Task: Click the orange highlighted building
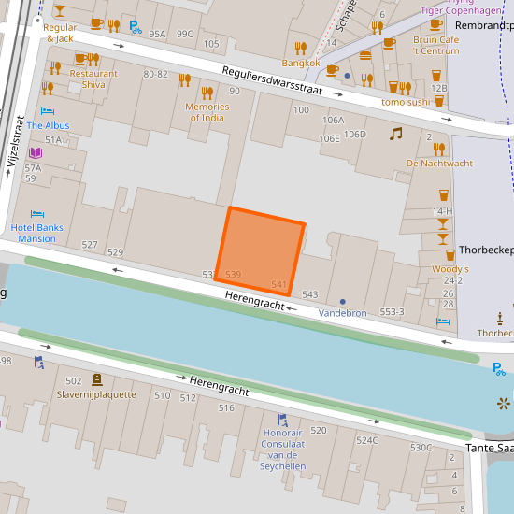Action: [260, 248]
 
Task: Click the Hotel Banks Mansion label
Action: [36, 233]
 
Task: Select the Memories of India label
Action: [207, 111]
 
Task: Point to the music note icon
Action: [395, 134]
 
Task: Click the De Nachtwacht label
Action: [439, 164]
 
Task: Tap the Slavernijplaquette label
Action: [96, 394]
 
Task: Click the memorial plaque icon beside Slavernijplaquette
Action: [97, 379]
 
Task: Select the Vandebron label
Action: [343, 313]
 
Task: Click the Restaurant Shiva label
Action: [93, 79]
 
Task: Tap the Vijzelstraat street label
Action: [15, 141]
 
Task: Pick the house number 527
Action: [90, 245]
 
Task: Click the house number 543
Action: [310, 294]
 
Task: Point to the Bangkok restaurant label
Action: [301, 64]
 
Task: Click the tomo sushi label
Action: [406, 101]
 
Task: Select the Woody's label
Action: [450, 269]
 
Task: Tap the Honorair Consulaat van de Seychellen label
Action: [282, 450]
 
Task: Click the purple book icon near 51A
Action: [36, 152]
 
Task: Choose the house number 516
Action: [226, 407]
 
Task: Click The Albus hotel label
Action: [48, 125]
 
